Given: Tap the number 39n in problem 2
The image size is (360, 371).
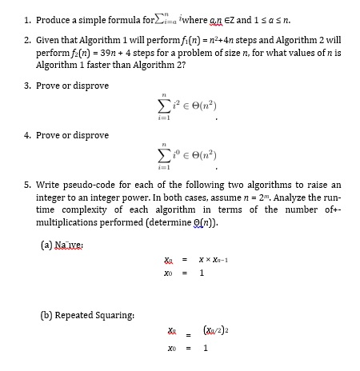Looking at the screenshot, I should point(93,49).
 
